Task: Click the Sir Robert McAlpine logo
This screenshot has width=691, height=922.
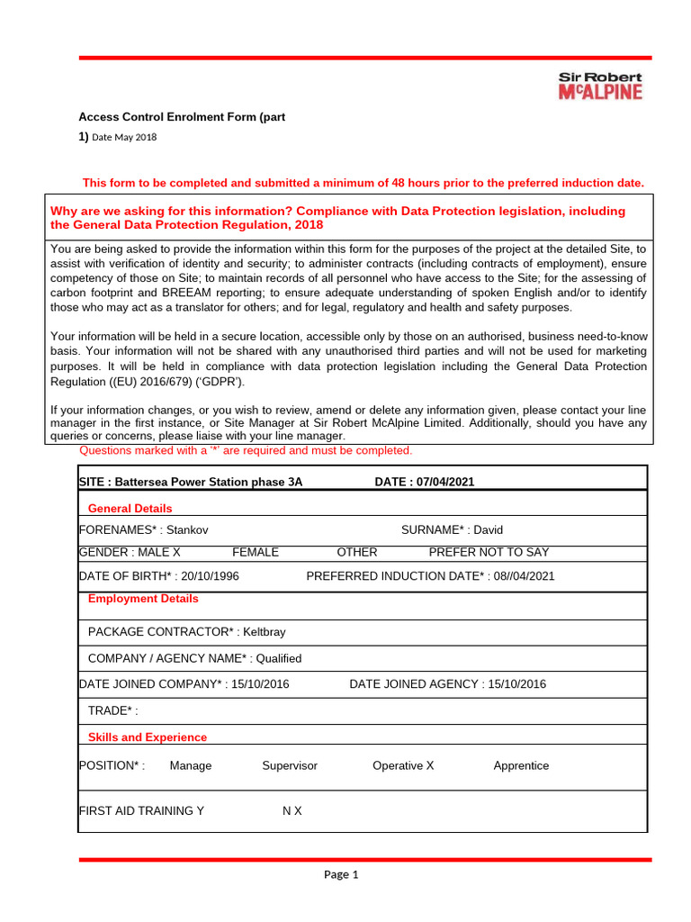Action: point(600,86)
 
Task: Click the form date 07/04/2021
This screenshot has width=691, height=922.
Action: point(444,482)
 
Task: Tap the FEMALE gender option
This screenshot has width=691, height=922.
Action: point(256,552)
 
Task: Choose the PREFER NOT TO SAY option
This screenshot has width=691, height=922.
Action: point(489,552)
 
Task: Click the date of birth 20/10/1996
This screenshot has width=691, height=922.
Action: point(209,576)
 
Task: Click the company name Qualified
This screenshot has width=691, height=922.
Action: point(278,658)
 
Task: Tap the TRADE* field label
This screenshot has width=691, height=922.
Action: point(112,711)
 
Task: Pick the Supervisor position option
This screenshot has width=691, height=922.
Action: point(290,765)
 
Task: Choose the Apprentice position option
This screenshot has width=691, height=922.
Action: point(521,765)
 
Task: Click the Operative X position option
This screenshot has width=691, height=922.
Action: point(403,765)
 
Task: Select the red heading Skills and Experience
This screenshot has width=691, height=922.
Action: point(147,737)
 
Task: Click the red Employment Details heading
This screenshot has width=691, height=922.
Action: point(143,599)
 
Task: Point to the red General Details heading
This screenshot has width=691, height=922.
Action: point(130,509)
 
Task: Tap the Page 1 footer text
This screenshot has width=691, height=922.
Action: point(341,874)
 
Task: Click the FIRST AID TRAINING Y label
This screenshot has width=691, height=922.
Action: point(141,810)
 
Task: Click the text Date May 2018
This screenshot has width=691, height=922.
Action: point(124,137)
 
